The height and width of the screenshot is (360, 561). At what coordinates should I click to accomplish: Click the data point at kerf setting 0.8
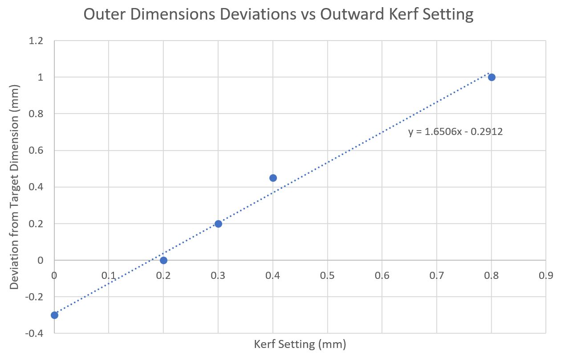[492, 77]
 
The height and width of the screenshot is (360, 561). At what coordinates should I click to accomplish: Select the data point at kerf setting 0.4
[273, 178]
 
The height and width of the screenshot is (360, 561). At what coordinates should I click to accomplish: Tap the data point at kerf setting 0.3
[218, 224]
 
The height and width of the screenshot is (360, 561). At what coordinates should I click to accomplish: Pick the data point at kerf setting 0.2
[163, 260]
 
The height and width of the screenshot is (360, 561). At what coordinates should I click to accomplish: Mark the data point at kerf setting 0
[54, 315]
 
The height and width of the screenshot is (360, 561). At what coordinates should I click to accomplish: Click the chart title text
[278, 15]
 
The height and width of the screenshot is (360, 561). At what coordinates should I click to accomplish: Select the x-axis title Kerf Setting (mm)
[300, 344]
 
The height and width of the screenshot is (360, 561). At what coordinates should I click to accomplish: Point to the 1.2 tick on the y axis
[36, 41]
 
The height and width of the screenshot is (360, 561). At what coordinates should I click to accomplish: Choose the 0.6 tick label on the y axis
[36, 151]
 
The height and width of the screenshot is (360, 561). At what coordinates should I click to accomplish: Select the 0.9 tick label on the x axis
[546, 275]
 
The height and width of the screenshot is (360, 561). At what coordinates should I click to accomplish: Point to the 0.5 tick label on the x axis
[327, 275]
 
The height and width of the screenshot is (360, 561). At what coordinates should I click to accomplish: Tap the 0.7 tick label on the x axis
[437, 275]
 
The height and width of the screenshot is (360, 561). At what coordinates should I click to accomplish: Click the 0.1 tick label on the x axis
[109, 275]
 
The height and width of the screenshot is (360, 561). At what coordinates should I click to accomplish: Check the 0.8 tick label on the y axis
[36, 114]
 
